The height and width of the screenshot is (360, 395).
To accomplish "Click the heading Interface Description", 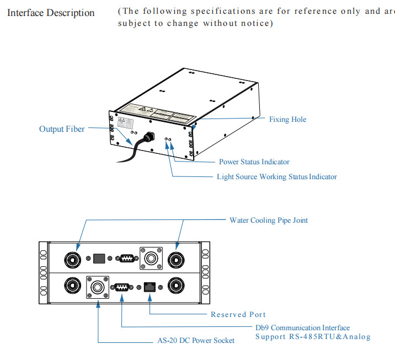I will [x=51, y=13].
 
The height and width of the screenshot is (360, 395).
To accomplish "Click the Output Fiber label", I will [x=62, y=129].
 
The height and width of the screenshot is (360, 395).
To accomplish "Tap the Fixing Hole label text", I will [x=287, y=119].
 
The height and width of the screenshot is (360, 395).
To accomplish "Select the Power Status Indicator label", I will [x=254, y=162].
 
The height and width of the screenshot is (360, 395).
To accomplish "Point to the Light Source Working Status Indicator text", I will [x=276, y=176].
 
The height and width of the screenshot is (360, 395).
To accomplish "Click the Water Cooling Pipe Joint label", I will [x=269, y=220].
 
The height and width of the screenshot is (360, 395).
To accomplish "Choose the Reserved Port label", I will [x=238, y=314].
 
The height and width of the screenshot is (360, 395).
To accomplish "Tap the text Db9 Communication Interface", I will [x=302, y=327].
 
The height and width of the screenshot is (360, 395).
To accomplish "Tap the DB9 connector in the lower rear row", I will [x=121, y=287].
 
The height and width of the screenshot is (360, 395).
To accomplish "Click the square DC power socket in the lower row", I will [x=98, y=287].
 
